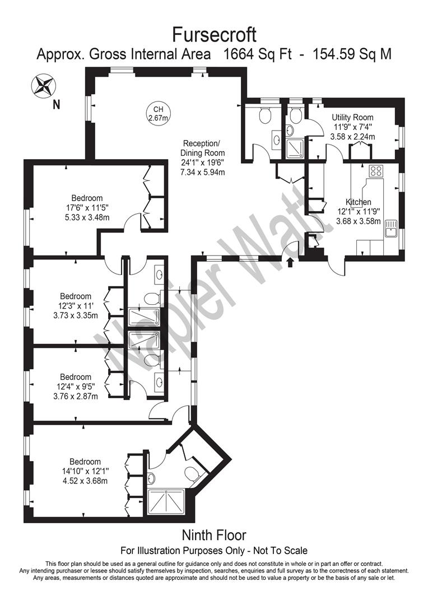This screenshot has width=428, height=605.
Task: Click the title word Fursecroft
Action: (213, 35)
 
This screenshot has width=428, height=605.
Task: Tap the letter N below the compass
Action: (55, 104)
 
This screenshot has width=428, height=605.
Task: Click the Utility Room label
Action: (352, 118)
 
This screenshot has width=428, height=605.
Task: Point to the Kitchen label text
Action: (359, 202)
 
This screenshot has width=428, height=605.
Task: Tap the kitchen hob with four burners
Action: (376, 171)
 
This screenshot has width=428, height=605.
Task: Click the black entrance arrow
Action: (290, 262)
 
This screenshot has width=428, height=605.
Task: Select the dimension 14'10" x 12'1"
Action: (85, 471)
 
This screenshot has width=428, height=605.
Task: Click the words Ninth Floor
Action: (213, 536)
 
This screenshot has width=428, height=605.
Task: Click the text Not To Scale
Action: (280, 551)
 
